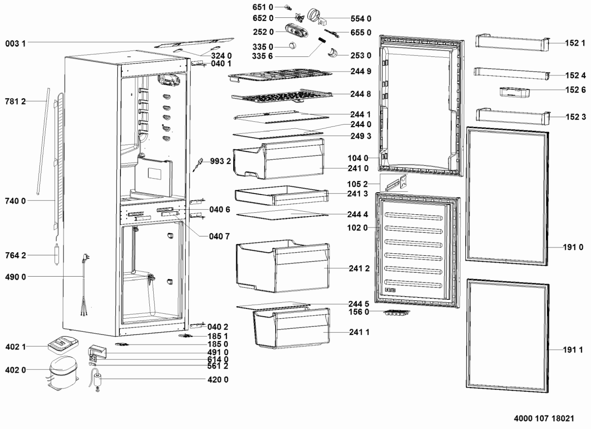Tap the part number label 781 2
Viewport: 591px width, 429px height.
[15, 102]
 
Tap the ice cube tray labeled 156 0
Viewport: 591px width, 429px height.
[397, 314]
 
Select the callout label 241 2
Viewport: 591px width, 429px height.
[359, 268]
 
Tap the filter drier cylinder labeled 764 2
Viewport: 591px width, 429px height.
[57, 255]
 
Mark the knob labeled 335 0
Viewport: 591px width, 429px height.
[292, 45]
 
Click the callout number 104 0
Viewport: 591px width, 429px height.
[358, 158]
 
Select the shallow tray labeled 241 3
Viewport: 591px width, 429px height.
[281, 195]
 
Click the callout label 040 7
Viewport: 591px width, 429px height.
[219, 236]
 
